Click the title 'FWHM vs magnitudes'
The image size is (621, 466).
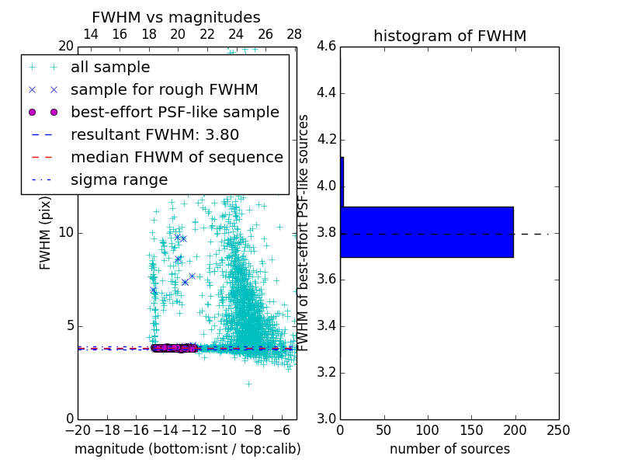click(x=176, y=17)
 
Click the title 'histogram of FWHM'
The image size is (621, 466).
click(x=449, y=36)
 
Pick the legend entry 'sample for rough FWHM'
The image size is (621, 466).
click(x=164, y=90)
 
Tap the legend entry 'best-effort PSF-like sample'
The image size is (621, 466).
click(x=175, y=113)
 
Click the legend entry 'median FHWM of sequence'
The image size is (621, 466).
click(x=176, y=158)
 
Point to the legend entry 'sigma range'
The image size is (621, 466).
click(x=119, y=180)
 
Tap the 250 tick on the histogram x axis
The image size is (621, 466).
click(x=558, y=429)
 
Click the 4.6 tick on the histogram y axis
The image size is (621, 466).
click(x=327, y=47)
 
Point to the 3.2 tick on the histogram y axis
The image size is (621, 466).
click(x=327, y=373)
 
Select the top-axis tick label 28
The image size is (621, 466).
click(x=294, y=34)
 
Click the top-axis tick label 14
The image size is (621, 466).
click(x=90, y=34)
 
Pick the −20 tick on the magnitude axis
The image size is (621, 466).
click(x=78, y=429)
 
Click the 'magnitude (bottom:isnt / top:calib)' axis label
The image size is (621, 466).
click(x=187, y=449)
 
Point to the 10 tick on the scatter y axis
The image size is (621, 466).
click(x=66, y=233)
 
